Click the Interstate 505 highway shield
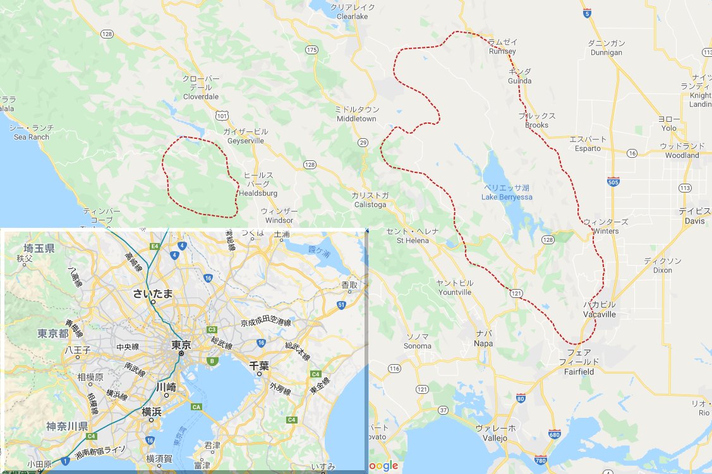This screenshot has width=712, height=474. [613, 181]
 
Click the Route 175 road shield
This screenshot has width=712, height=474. [311, 49]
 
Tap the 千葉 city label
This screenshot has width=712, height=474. [259, 365]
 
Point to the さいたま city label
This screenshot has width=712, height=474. [153, 293]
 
